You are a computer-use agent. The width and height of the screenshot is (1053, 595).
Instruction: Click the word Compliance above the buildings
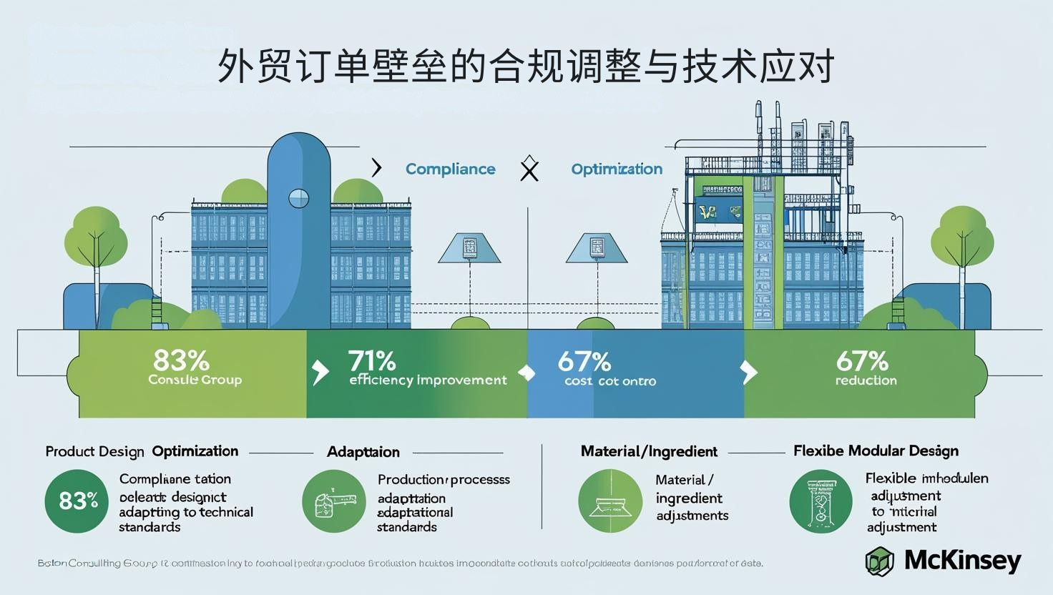click(x=450, y=169)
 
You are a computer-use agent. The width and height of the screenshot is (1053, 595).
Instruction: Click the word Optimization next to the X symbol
click(x=617, y=169)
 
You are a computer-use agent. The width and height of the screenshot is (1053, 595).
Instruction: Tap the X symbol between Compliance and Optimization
click(x=529, y=169)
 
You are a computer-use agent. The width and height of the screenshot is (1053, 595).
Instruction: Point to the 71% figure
click(x=372, y=360)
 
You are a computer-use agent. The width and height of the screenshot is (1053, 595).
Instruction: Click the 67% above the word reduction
click(x=862, y=360)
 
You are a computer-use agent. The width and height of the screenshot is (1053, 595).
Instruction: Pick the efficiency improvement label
click(x=428, y=380)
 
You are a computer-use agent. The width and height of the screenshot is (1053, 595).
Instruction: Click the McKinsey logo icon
click(x=880, y=561)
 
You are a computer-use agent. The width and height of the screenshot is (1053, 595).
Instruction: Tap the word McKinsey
click(x=962, y=560)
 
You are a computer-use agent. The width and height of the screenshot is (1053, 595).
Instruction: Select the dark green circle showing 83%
click(x=77, y=501)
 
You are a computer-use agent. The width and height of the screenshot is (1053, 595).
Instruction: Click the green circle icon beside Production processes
click(x=334, y=501)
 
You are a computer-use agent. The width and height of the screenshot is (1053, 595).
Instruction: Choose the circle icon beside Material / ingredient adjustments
click(x=610, y=501)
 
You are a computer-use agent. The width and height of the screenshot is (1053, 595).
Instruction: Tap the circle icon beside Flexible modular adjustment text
click(x=821, y=501)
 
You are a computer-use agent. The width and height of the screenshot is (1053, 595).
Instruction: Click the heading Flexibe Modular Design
click(x=876, y=451)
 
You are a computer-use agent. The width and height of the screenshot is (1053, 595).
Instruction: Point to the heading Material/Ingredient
click(x=649, y=451)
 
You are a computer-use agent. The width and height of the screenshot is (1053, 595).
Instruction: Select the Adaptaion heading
click(x=363, y=452)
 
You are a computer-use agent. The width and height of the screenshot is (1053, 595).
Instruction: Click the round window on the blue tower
click(x=298, y=198)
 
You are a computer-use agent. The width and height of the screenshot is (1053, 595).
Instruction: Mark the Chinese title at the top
click(x=526, y=67)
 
